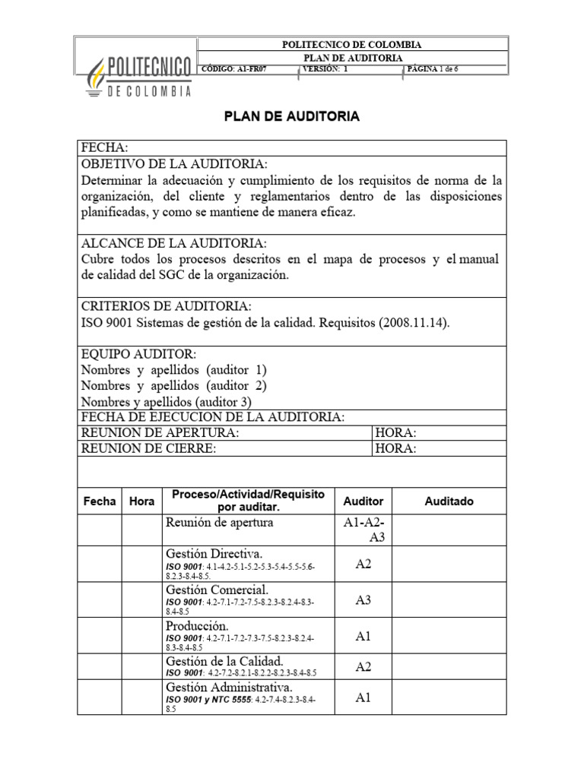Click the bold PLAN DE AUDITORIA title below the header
tap(291, 117)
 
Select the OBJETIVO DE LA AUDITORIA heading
tap(173, 164)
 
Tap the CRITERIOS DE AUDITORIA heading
tap(166, 305)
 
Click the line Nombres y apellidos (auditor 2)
tap(173, 385)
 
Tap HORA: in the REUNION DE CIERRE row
tap(395, 448)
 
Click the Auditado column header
tap(449, 501)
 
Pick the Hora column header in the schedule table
tap(141, 501)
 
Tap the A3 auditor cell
tap(363, 600)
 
